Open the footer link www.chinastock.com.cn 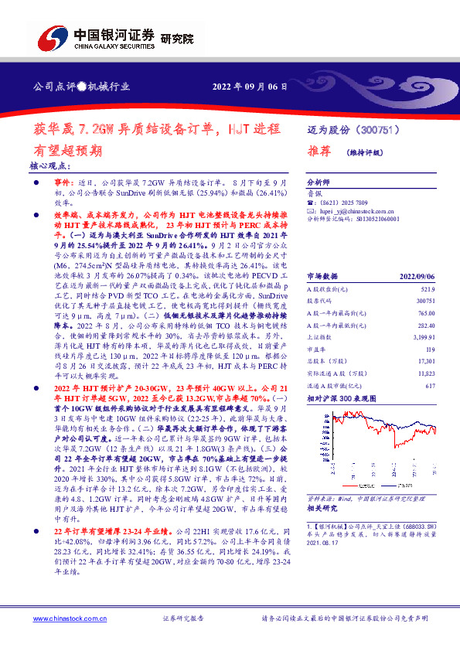[x=64, y=619]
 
